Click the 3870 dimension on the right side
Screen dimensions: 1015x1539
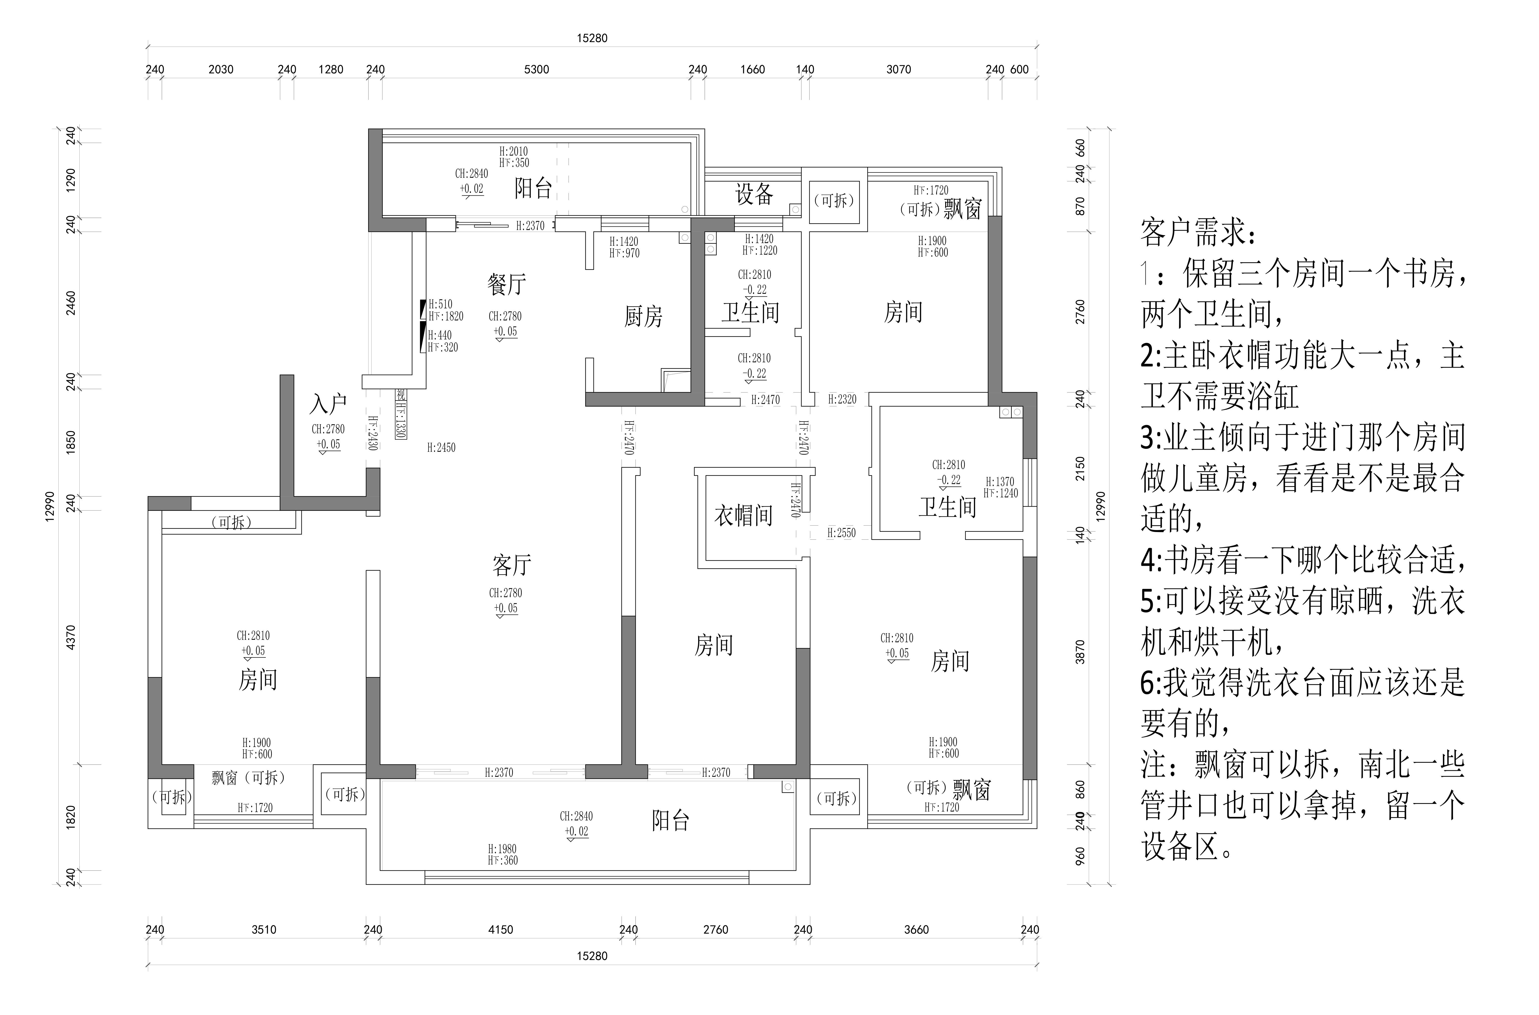point(1079,652)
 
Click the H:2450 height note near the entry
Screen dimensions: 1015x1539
point(441,447)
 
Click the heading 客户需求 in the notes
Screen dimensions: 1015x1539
point(1197,233)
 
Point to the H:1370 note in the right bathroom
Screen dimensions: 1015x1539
point(1000,482)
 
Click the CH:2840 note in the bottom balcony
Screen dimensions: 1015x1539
point(576,816)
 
